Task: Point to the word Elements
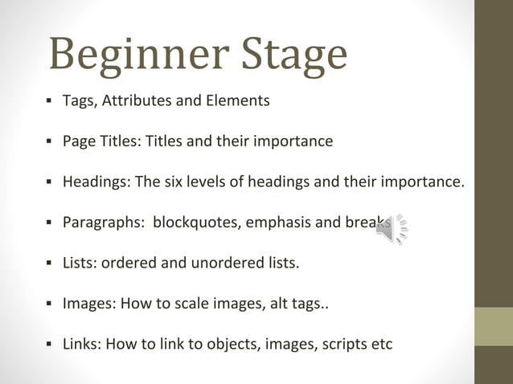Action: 238,100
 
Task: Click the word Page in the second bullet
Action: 78,141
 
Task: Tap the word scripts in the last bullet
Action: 338,344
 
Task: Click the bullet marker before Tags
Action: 49,101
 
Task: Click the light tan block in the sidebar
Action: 494,326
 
